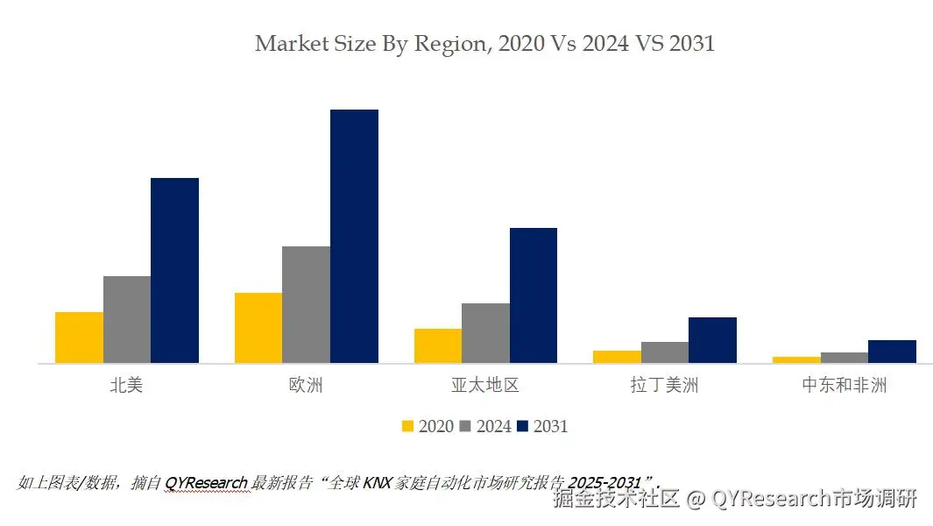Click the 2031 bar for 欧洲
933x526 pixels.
pos(354,236)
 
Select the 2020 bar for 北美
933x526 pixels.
pos(79,338)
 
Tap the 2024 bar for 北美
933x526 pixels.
pos(127,319)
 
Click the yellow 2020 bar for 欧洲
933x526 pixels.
pos(258,328)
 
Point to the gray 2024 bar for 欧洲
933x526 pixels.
pos(306,304)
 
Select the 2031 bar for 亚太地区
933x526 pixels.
pos(534,295)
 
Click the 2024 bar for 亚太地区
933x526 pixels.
pos(485,333)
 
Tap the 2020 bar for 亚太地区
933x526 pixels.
pos(438,345)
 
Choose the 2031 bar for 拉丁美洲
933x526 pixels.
pos(712,340)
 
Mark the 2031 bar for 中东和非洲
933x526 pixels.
pos(892,352)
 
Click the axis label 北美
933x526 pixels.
pos(126,385)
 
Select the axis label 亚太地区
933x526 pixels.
pos(484,385)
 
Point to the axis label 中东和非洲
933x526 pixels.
pos(844,385)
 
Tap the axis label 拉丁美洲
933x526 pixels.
pos(664,385)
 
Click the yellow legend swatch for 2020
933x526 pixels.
pos(407,426)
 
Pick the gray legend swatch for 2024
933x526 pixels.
pos(465,426)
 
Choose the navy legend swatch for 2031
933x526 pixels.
pos(523,426)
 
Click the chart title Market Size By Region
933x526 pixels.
pos(484,43)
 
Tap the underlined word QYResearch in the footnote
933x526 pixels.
pos(206,482)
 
